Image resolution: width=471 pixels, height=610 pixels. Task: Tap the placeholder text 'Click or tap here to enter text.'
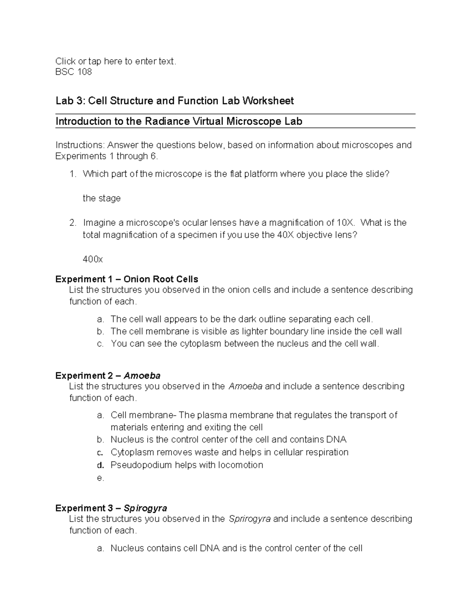pos(116,61)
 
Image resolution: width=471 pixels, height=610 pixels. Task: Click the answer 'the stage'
pos(102,198)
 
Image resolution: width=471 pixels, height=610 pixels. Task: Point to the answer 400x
pos(93,259)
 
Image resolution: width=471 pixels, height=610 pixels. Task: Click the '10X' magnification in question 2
pos(345,223)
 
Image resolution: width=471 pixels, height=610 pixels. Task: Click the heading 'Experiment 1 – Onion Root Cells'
pos(127,279)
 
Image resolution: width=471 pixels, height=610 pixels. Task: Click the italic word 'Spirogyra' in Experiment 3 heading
pos(145,508)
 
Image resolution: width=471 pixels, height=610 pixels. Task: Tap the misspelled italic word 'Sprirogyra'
pos(249,519)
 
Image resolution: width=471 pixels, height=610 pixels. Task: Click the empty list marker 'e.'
pos(100,478)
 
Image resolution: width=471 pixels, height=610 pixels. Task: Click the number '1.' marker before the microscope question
pos(73,174)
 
